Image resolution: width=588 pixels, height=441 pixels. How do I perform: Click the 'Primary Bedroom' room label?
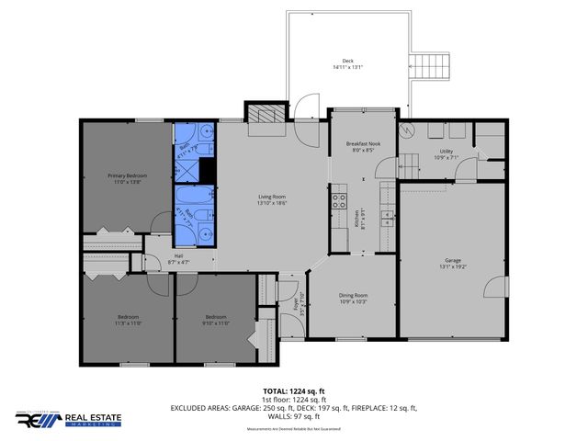coord(127,175)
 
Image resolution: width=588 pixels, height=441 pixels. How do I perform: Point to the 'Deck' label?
coord(348,62)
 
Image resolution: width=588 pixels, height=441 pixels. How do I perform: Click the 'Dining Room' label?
coord(354,296)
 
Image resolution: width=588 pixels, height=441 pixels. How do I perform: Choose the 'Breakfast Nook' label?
coord(363,145)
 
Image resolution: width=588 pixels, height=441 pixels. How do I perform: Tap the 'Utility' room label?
coord(447,151)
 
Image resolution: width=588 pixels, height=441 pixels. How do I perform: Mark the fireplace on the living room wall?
coord(265,114)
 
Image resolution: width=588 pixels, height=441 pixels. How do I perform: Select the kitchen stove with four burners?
coord(338,196)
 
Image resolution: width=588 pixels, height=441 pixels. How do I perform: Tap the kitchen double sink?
coord(389,220)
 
